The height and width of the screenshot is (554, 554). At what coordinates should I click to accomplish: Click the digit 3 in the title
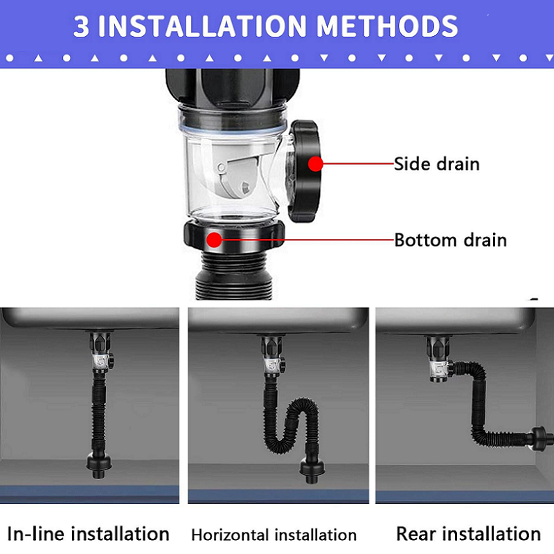click(x=81, y=26)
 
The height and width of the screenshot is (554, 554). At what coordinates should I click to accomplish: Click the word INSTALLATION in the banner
click(x=202, y=26)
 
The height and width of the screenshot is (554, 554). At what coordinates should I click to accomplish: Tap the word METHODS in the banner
click(x=387, y=26)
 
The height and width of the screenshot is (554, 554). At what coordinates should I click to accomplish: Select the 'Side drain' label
click(x=437, y=164)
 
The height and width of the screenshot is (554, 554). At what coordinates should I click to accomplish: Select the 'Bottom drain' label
click(x=451, y=240)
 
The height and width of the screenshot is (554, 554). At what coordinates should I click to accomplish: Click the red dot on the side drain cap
click(x=315, y=164)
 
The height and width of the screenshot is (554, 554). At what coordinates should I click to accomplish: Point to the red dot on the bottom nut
click(x=214, y=240)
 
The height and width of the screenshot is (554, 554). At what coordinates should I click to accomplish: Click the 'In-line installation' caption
click(x=88, y=533)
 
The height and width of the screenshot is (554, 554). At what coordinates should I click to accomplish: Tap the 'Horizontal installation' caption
click(x=274, y=535)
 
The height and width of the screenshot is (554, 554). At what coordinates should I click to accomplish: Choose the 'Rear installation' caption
click(x=469, y=533)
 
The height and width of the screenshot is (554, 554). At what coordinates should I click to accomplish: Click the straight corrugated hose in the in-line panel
click(x=98, y=413)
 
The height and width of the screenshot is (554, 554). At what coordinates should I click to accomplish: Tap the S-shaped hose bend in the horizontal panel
click(x=291, y=424)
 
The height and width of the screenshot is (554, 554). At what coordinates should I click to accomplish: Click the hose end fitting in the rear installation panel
click(x=541, y=439)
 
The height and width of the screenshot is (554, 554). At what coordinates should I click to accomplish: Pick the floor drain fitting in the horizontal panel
click(x=312, y=470)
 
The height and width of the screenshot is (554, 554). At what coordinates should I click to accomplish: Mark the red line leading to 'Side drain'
click(x=358, y=164)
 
